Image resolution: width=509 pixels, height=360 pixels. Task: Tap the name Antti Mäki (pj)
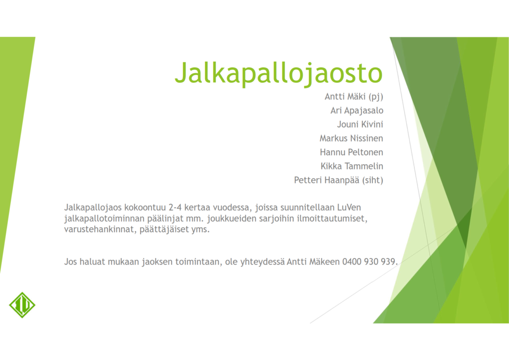click(354, 96)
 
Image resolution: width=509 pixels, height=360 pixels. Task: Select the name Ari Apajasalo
click(357, 110)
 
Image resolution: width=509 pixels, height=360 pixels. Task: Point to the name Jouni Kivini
click(360, 124)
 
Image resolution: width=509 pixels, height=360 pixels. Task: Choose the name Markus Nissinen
click(351, 138)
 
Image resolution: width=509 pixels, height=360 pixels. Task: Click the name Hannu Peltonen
click(351, 152)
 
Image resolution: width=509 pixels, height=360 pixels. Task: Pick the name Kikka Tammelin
click(352, 166)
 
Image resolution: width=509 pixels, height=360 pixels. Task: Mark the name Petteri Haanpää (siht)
click(339, 180)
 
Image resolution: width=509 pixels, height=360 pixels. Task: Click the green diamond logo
click(22, 304)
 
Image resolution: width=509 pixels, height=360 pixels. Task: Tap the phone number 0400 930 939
click(369, 262)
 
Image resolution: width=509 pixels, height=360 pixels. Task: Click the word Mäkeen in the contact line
click(325, 262)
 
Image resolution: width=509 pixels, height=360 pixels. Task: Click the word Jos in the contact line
click(71, 262)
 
